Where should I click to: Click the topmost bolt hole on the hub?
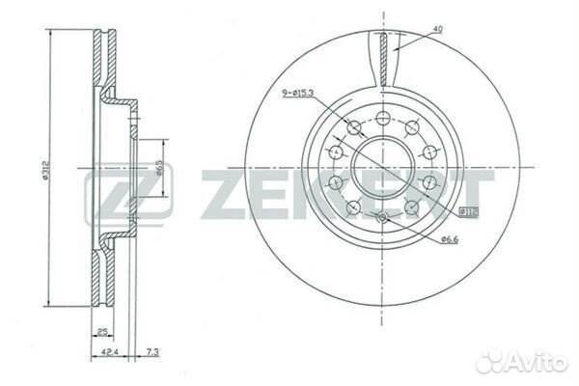383,118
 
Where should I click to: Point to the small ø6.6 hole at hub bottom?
383,216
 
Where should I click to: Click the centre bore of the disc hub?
383,163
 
